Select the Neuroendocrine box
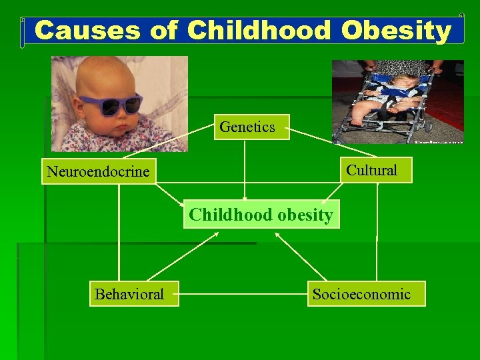(x=99, y=171)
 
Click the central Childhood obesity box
(x=261, y=215)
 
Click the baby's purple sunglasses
(x=111, y=105)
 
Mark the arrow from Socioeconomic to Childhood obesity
(x=301, y=256)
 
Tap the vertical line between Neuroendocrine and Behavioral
(x=119, y=233)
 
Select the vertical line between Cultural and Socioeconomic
(x=377, y=233)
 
